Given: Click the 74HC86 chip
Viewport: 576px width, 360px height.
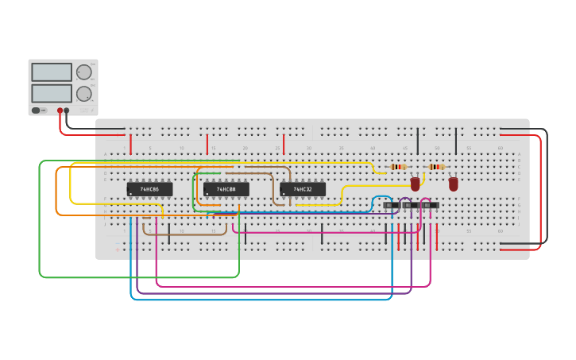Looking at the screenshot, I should [x=149, y=189].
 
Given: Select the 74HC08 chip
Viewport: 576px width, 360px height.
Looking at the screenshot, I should [x=226, y=189].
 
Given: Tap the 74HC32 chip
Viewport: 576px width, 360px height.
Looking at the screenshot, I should [x=302, y=189].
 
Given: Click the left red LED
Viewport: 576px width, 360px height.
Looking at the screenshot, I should [x=415, y=184].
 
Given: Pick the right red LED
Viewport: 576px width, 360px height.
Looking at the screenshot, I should [x=453, y=184].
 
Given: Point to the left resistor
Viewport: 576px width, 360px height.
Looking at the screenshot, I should [x=399, y=167].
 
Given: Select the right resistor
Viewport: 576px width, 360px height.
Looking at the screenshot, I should [x=436, y=167].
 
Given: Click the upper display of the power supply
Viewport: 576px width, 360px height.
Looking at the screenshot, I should [x=52, y=72].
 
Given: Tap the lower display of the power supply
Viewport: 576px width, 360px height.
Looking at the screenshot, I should [x=52, y=93].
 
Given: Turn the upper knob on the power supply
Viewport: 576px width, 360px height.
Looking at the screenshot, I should [x=83, y=72].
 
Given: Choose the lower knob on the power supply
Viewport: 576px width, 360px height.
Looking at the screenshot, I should [x=83, y=94].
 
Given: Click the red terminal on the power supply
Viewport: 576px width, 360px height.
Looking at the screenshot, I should [x=60, y=110].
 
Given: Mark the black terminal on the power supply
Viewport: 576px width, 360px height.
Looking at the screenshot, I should [x=67, y=110].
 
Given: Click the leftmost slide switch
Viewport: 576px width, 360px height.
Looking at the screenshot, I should [x=391, y=206].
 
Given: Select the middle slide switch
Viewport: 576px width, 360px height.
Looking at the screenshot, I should [x=410, y=206].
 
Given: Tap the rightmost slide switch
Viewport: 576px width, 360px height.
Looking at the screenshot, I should [x=430, y=206].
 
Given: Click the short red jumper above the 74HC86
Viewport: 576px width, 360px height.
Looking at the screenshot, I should [x=130, y=144].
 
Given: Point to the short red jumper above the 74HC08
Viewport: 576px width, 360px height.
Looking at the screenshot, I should [x=207, y=144].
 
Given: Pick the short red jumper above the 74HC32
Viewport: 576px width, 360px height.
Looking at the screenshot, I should [x=284, y=144].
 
